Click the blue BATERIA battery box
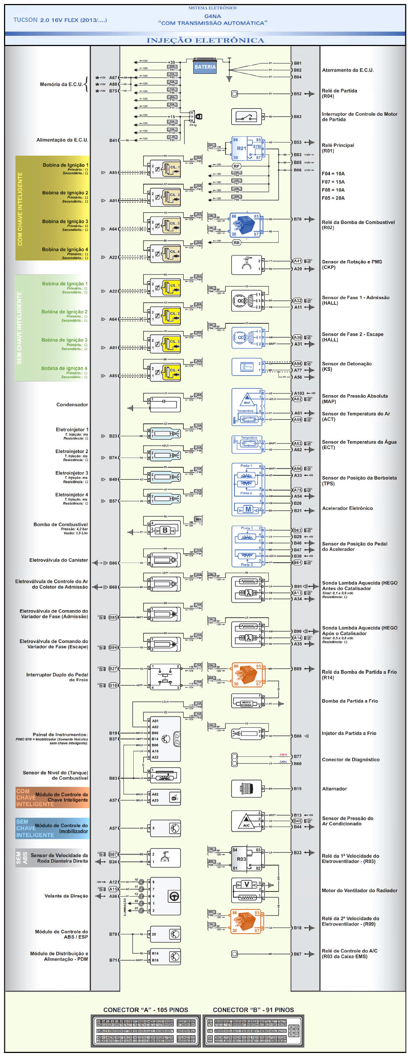(x=205, y=67)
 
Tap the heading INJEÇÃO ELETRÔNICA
(x=205, y=40)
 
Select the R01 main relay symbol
(x=247, y=148)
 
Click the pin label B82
(x=297, y=117)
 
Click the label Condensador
(x=72, y=404)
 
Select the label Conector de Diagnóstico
(x=350, y=760)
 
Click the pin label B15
(x=297, y=789)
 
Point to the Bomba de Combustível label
(x=61, y=524)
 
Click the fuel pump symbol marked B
(x=165, y=530)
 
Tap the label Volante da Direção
(x=66, y=896)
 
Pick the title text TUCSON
(x=25, y=20)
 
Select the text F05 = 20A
(x=333, y=198)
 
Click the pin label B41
(x=113, y=140)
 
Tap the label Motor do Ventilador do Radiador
(x=359, y=890)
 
